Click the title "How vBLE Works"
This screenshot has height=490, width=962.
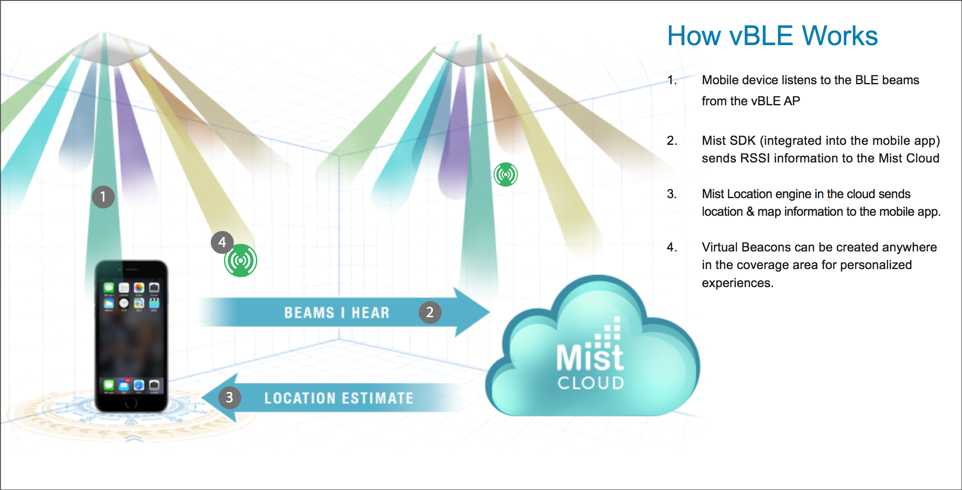(x=772, y=36)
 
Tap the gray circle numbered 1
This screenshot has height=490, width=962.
(x=103, y=197)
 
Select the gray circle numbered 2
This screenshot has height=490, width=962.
(x=430, y=312)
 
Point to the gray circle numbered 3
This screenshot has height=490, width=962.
(x=230, y=398)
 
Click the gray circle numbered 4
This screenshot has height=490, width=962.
(x=222, y=242)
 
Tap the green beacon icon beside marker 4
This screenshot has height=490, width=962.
(x=241, y=260)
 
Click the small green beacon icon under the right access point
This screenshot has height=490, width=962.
(x=506, y=175)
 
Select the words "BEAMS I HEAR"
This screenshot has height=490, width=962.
(x=337, y=313)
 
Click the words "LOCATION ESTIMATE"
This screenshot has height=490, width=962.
(x=339, y=398)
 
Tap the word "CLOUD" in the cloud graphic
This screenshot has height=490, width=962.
(x=591, y=383)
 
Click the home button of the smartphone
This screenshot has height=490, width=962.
(x=131, y=403)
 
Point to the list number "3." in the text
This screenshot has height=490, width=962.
(x=671, y=194)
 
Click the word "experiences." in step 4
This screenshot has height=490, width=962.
(x=737, y=283)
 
